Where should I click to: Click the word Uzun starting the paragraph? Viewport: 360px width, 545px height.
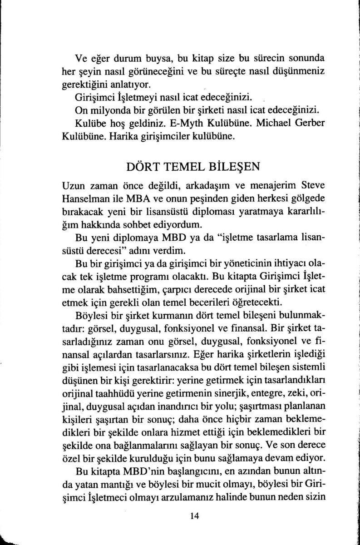click(x=76, y=186)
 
